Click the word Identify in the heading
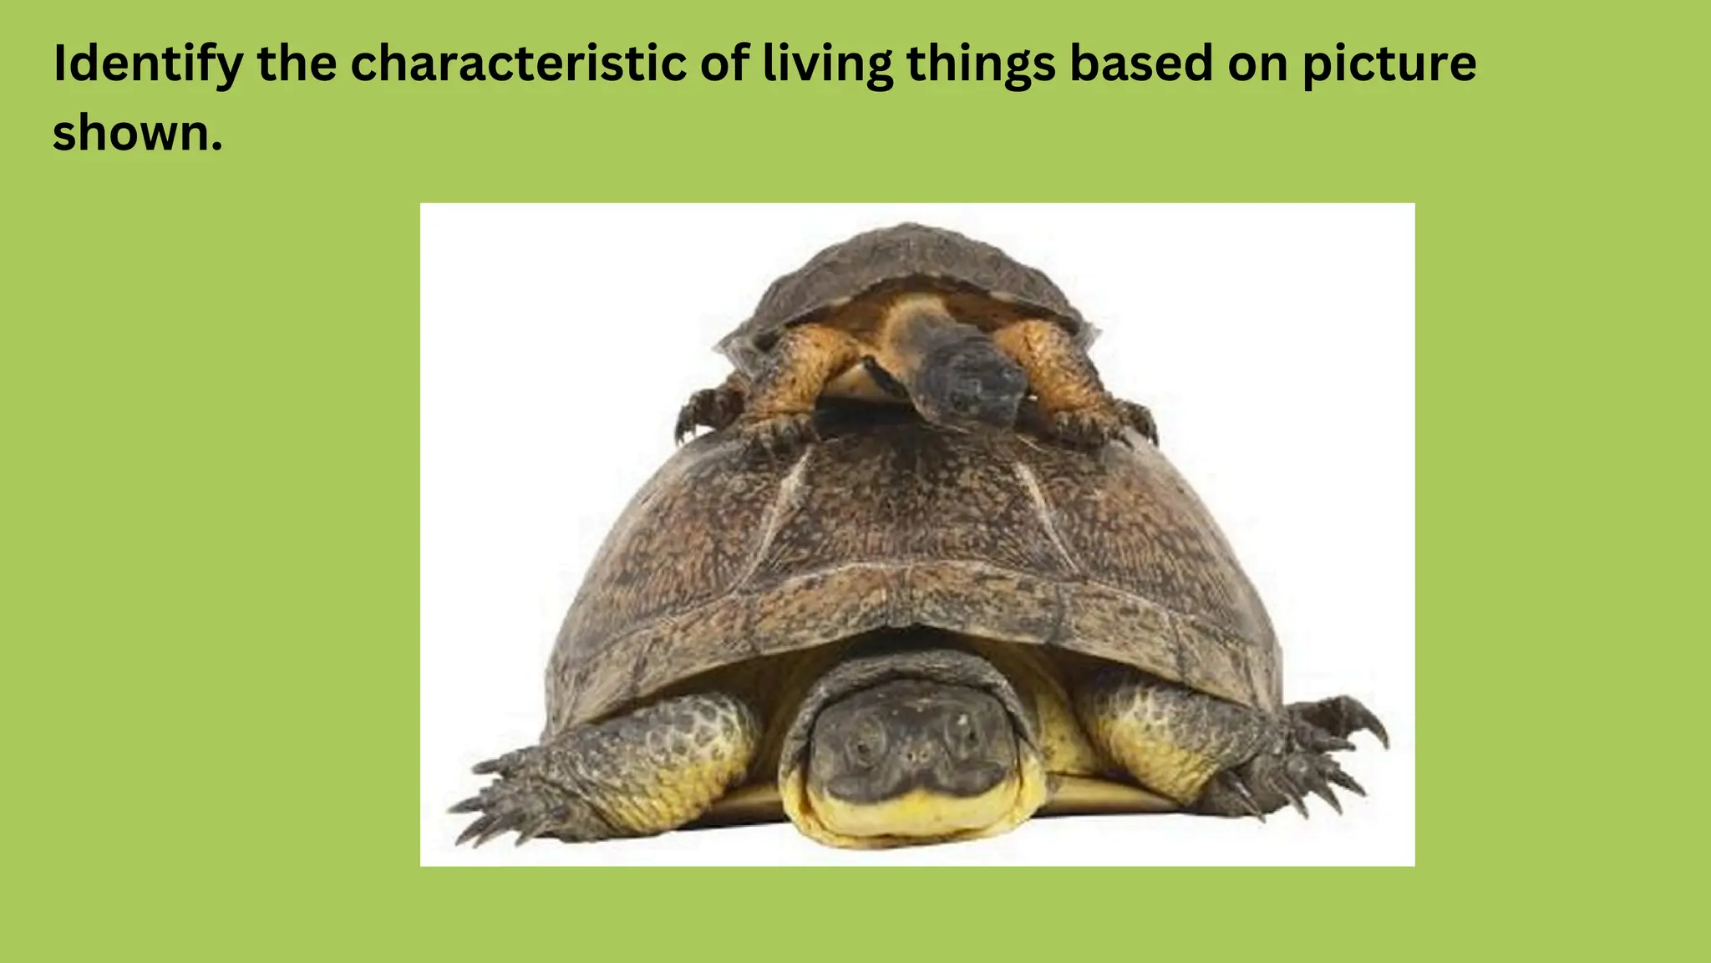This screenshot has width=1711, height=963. [147, 64]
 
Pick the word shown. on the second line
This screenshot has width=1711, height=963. [138, 133]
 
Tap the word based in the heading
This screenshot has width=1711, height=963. [1141, 64]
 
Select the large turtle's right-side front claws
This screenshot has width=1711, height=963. [1328, 752]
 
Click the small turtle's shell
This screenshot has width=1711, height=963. [911, 267]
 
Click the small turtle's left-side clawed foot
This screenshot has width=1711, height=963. [706, 418]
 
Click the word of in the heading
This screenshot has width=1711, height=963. [723, 64]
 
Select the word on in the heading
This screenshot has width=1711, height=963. [1256, 64]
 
